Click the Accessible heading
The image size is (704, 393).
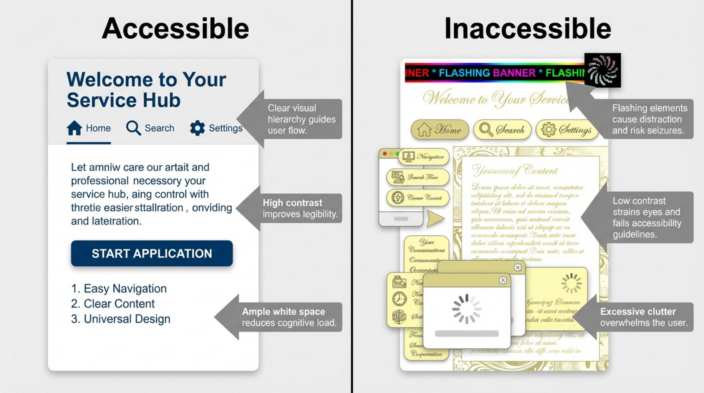(x=175, y=29)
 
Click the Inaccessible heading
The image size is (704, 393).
(x=527, y=29)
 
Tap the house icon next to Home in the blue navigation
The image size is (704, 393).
(x=74, y=128)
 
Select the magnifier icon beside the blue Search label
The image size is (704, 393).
(x=133, y=128)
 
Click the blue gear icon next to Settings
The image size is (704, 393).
(x=197, y=128)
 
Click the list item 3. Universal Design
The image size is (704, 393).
(x=120, y=319)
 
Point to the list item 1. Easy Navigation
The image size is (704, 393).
(x=119, y=288)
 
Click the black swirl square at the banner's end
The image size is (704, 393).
(x=602, y=70)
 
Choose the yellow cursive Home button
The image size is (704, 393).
(x=440, y=130)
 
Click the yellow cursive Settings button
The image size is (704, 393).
(x=566, y=130)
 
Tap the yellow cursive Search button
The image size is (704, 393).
(x=502, y=130)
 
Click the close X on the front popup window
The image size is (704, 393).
(x=503, y=280)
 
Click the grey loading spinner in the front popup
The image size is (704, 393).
(x=466, y=309)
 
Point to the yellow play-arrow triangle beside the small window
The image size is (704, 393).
(x=435, y=218)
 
